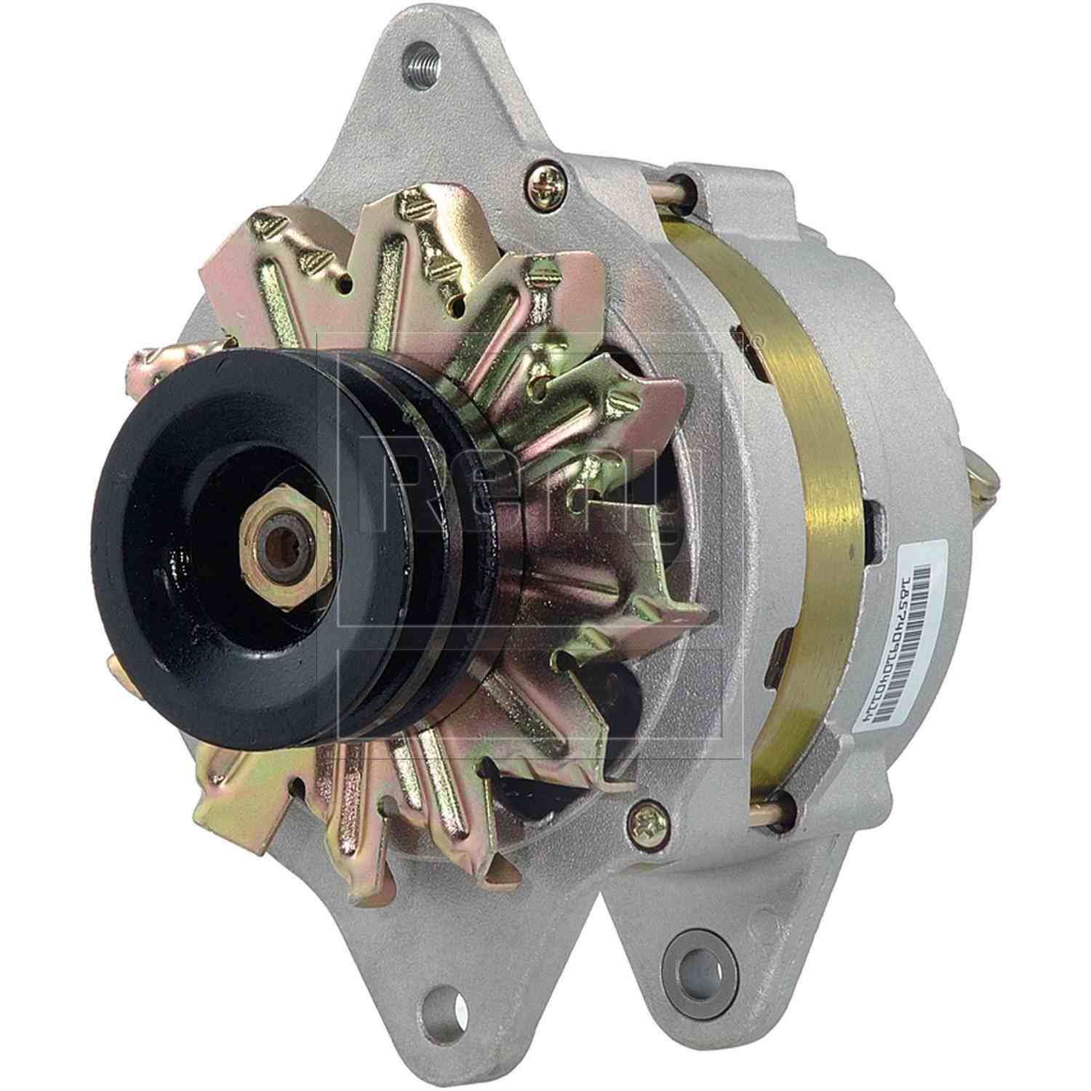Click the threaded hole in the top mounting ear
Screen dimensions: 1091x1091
[x=420, y=56]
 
